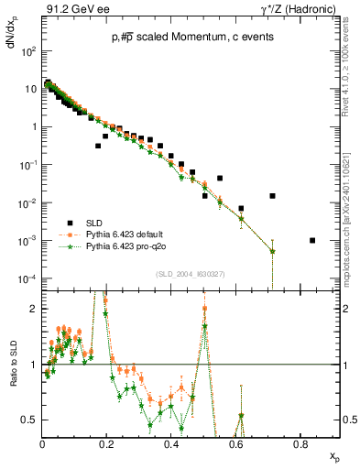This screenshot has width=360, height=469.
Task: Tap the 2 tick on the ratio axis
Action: [x=35, y=309]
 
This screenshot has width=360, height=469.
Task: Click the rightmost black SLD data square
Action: [x=312, y=241]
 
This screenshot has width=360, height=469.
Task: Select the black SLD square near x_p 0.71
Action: [x=272, y=196]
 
